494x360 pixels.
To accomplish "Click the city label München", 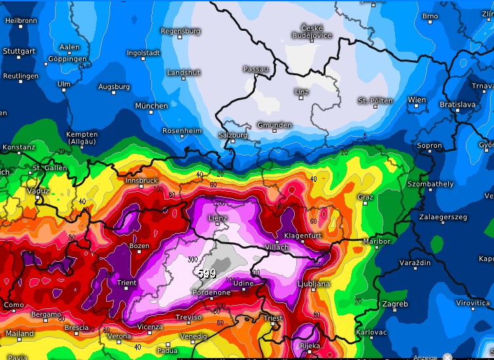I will click(x=151, y=106).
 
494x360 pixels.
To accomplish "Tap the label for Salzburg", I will click(x=233, y=135).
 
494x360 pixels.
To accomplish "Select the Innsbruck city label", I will click(x=140, y=180).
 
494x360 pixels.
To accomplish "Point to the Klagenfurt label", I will click(x=304, y=235).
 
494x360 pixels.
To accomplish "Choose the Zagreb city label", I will click(x=395, y=304).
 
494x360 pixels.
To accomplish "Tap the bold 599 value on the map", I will click(x=205, y=273).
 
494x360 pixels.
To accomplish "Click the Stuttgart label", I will click(x=19, y=51).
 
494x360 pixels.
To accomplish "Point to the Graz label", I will click(x=366, y=196).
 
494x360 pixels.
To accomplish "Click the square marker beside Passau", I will click(x=256, y=76).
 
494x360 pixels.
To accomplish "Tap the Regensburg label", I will click(x=180, y=31).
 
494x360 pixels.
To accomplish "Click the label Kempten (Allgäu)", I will click(x=83, y=138).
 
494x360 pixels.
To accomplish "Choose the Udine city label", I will click(x=243, y=282).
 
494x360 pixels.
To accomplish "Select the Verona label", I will click(x=119, y=336).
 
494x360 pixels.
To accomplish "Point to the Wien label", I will click(x=417, y=100).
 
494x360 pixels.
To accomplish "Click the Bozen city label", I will click(x=140, y=246).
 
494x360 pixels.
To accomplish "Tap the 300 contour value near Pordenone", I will click(x=193, y=260).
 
